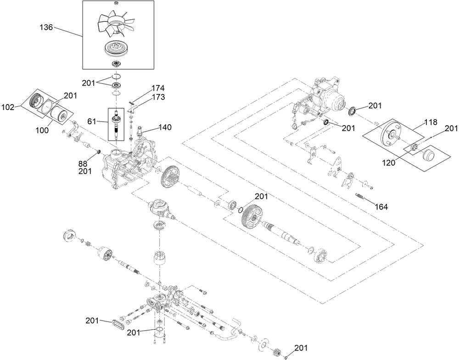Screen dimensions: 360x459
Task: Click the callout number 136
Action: pyautogui.click(x=46, y=28)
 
